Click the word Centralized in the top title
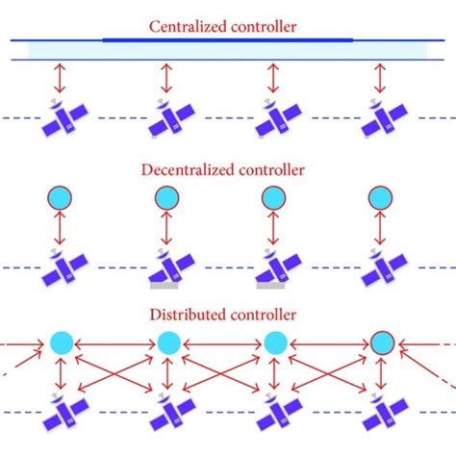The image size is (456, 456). [187, 26]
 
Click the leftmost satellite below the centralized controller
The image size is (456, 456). [61, 117]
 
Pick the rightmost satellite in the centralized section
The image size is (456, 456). [383, 117]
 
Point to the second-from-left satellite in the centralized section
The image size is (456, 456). [167, 117]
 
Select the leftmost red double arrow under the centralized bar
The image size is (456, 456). [61, 78]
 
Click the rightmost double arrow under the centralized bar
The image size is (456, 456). [382, 78]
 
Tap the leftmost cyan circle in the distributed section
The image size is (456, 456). [61, 342]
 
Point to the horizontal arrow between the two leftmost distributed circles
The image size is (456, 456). [114, 342]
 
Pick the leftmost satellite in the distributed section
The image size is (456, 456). [61, 412]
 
